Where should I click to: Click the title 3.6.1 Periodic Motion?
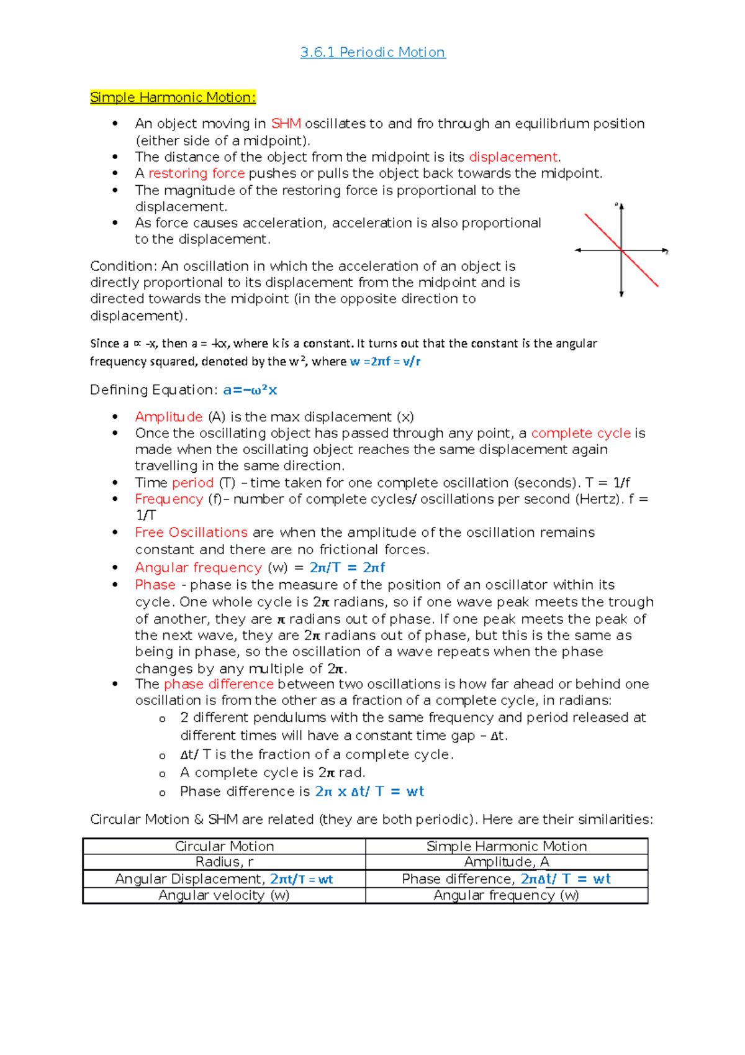point(372,52)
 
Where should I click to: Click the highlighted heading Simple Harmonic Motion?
point(173,98)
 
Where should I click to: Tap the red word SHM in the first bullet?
point(286,124)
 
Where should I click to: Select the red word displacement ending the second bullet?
point(513,157)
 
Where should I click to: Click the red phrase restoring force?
point(196,173)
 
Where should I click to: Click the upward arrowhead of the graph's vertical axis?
point(621,207)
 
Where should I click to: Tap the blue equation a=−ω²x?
point(250,390)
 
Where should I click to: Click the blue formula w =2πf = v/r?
point(385,362)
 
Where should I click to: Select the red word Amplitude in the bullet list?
point(168,417)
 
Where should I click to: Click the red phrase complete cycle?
point(580,433)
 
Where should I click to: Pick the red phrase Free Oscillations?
point(191,532)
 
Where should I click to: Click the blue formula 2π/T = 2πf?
point(347,567)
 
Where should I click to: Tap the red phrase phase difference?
point(219,684)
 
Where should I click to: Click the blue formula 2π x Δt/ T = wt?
point(369,792)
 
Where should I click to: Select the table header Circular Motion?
point(224,846)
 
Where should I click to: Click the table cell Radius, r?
point(224,862)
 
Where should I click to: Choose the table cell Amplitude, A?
point(507,862)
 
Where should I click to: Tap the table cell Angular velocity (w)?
point(224,895)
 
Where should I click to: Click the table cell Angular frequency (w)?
point(507,895)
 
